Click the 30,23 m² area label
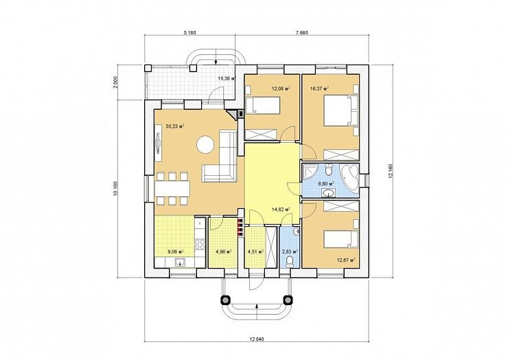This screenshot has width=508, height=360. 175,126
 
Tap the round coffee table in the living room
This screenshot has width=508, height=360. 206,144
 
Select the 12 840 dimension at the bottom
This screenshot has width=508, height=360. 257,339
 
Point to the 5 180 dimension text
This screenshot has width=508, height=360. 190,32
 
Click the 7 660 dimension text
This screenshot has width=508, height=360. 301,32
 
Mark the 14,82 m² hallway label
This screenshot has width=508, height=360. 280,209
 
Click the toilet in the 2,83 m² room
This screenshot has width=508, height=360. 290,262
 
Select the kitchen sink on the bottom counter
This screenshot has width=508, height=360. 178,261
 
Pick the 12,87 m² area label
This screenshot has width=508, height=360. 346,260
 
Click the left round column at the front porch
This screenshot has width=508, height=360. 225,300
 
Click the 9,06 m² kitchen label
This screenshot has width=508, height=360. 176,251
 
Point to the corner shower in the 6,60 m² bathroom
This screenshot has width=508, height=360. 310,171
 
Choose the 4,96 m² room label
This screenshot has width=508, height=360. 223,251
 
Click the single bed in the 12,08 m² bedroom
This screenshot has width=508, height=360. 262,105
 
